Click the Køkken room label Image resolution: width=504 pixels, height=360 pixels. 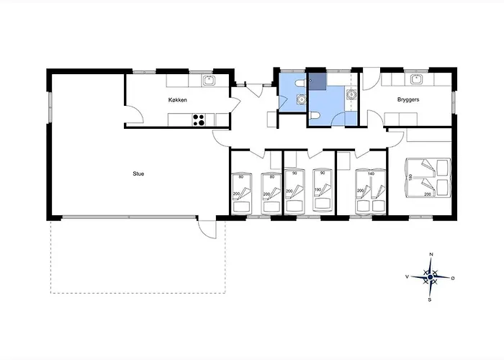(x=177, y=100)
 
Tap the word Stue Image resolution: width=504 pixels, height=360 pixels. (x=138, y=174)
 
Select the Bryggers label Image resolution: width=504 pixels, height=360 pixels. (x=408, y=99)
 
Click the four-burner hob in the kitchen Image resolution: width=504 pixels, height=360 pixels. (x=199, y=120)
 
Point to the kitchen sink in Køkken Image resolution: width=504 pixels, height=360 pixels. (x=210, y=80)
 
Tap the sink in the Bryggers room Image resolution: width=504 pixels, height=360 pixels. (x=417, y=79)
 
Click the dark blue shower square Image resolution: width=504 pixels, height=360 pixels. (x=318, y=81)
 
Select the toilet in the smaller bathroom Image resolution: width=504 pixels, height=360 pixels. (x=300, y=84)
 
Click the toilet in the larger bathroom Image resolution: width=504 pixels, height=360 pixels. (x=314, y=116)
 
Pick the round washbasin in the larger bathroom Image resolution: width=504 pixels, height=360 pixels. (x=351, y=94)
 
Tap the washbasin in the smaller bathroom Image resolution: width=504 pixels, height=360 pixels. (x=302, y=99)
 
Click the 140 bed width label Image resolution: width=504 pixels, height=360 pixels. (x=371, y=174)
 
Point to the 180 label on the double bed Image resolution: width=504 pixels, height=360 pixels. (x=410, y=177)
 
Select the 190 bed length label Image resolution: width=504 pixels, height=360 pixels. (x=318, y=189)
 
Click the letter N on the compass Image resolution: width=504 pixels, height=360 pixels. (x=431, y=254)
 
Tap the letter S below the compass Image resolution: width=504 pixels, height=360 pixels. (x=429, y=300)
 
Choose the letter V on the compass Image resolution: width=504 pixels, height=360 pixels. (x=407, y=276)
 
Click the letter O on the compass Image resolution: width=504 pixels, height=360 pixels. (x=453, y=279)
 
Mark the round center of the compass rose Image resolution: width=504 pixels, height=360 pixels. (x=431, y=276)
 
